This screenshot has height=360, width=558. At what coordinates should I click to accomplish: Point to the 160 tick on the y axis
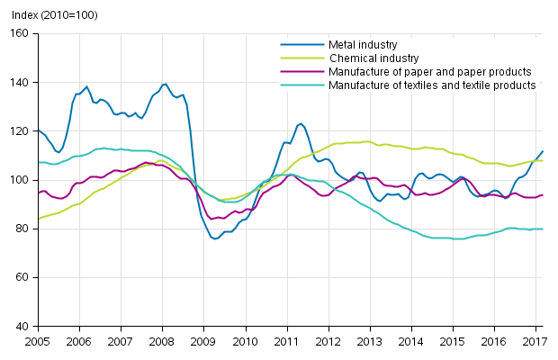click(x=20, y=33)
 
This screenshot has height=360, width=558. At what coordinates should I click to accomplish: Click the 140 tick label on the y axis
click(x=20, y=83)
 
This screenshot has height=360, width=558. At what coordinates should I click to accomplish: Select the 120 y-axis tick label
click(x=20, y=131)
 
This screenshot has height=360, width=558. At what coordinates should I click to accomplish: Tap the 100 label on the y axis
click(x=20, y=180)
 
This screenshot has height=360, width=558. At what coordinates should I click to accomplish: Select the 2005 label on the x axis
click(x=37, y=342)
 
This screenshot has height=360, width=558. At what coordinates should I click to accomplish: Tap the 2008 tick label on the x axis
click(x=162, y=342)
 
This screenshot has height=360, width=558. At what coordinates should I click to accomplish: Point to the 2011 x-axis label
click(x=287, y=342)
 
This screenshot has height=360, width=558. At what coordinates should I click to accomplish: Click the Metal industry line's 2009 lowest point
click(x=215, y=238)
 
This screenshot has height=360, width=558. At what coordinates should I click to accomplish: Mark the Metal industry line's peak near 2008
click(x=165, y=84)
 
